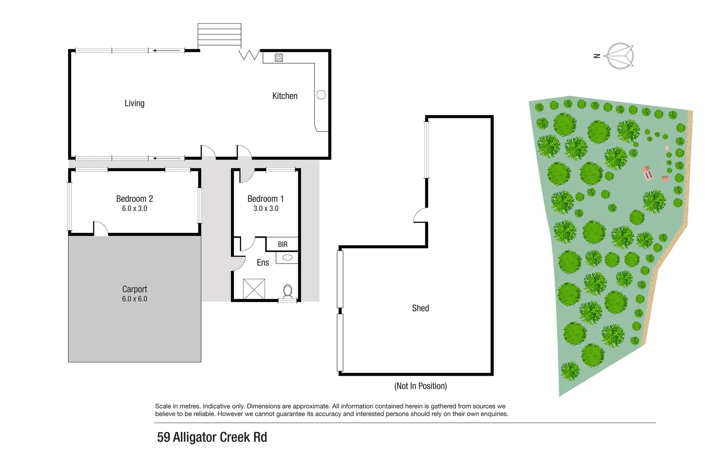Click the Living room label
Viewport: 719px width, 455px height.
point(134,103)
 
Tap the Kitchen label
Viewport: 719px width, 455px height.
point(284,96)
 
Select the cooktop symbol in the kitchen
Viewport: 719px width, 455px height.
point(279,58)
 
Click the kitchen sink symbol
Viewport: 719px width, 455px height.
point(321,95)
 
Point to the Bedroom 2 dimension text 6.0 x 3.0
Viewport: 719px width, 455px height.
point(134,209)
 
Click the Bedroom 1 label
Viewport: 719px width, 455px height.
point(265,198)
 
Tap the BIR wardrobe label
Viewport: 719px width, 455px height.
point(282,244)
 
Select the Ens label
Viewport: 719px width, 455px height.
point(263,262)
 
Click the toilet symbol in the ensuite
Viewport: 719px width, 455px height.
point(288,291)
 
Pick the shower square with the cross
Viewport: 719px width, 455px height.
point(254,289)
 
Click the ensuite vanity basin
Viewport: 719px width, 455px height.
point(287,257)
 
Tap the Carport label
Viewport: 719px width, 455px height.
point(134,289)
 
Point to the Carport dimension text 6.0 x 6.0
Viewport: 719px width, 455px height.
point(134,299)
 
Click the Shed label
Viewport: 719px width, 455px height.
point(420,308)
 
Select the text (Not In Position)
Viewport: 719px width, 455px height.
point(420,386)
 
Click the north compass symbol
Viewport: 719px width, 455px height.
point(620,56)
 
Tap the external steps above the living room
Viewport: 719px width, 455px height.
point(219,35)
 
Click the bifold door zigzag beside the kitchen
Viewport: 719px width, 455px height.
point(249,55)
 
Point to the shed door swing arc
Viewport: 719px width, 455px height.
point(420,215)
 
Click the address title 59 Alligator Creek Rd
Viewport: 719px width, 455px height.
point(212,437)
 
